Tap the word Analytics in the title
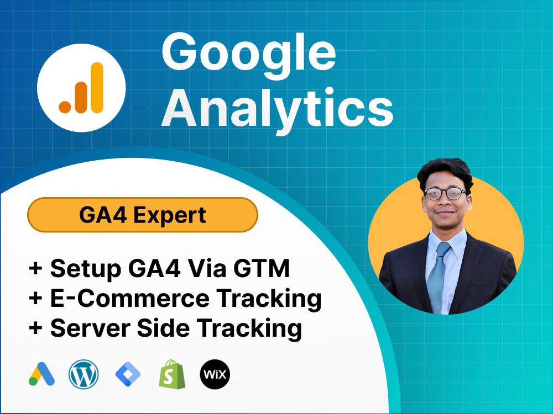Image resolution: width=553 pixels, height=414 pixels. click(277, 108)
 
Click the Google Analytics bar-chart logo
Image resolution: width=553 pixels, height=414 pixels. click(81, 88)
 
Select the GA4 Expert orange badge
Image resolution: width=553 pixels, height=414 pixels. click(143, 215)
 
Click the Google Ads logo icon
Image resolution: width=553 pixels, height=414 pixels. click(41, 375)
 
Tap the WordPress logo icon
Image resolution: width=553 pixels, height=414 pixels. click(84, 375)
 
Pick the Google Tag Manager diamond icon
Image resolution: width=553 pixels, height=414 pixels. click(128, 375)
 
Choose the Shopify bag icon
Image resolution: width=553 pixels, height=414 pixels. click(171, 375)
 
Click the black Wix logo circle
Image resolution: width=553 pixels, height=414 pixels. click(215, 375)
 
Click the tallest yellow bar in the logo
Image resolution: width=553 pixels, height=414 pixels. click(97, 87)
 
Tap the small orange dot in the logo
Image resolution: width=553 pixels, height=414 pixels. click(65, 107)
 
